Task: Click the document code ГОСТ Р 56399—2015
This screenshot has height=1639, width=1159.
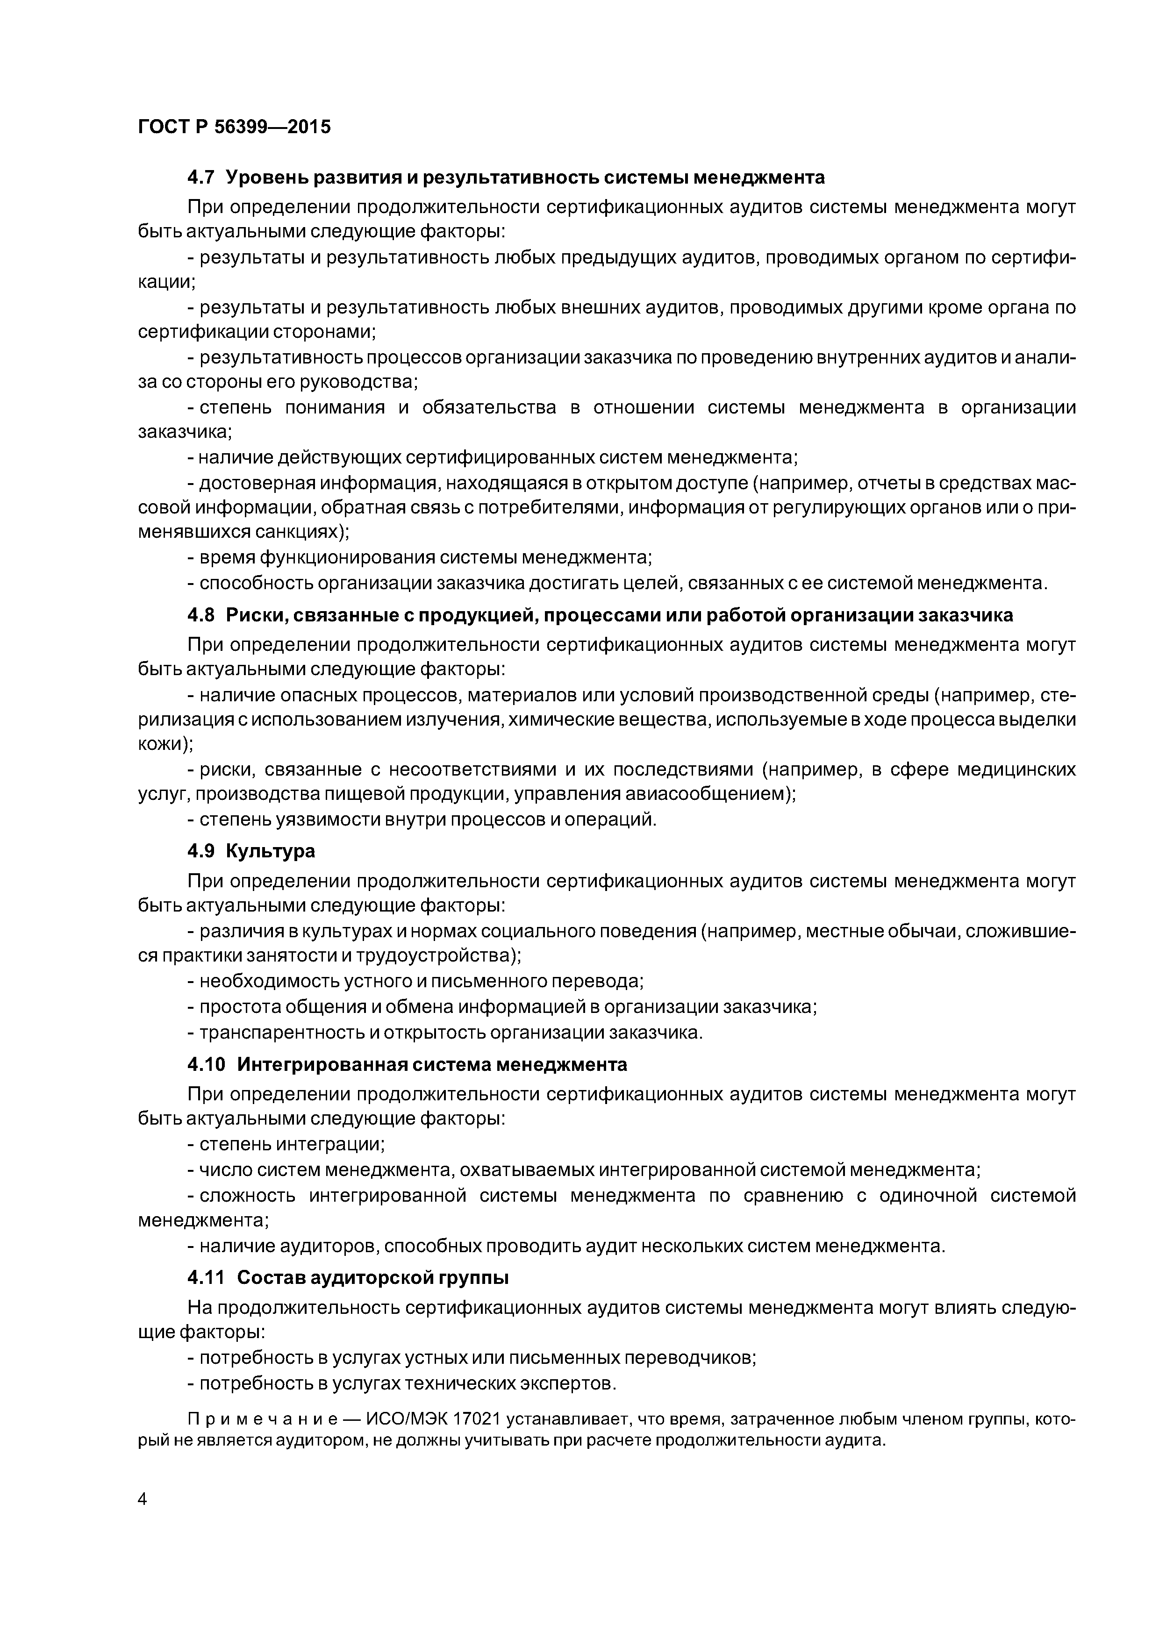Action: coord(234,127)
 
